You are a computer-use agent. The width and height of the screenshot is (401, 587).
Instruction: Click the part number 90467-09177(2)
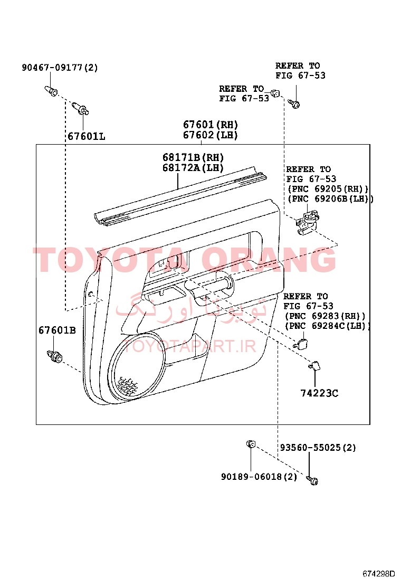tap(60, 68)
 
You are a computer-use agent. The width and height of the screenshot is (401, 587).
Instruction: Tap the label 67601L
tap(87, 136)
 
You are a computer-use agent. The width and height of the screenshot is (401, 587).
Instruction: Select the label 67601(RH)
tap(210, 125)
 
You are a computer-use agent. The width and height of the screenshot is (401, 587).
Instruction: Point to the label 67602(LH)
tap(210, 135)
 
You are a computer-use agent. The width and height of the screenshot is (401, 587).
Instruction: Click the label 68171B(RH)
tap(193, 157)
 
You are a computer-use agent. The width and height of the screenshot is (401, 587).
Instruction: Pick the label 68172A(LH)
tap(193, 167)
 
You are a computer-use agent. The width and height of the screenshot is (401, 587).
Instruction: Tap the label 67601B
tap(57, 330)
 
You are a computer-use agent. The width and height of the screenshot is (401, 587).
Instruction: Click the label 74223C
tap(319, 393)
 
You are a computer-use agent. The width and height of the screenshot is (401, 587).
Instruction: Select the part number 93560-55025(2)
tap(318, 447)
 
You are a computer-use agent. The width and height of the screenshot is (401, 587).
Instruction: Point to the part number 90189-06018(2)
tap(259, 477)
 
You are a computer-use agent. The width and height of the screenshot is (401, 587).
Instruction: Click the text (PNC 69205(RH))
tap(328, 188)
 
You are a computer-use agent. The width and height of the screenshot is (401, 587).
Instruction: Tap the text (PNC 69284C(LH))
tap(327, 326)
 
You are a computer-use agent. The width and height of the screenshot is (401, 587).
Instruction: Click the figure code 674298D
tap(378, 573)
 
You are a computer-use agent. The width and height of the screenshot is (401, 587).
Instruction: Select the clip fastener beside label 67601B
tap(55, 356)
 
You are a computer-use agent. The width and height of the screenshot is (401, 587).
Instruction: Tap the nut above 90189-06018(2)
tap(251, 444)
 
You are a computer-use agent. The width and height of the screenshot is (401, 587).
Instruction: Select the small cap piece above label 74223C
tap(314, 366)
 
